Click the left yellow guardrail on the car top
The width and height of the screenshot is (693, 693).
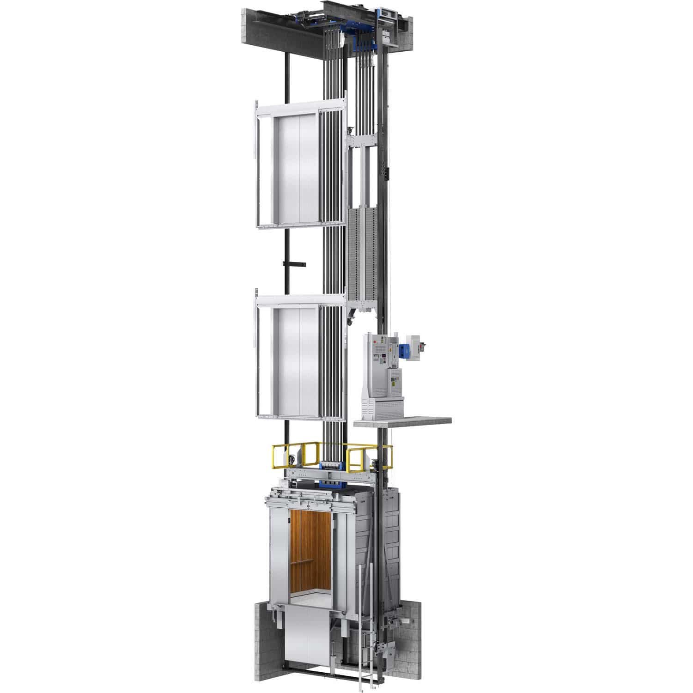[x=287, y=455]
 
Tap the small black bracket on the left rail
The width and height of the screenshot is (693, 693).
[x=294, y=264]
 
